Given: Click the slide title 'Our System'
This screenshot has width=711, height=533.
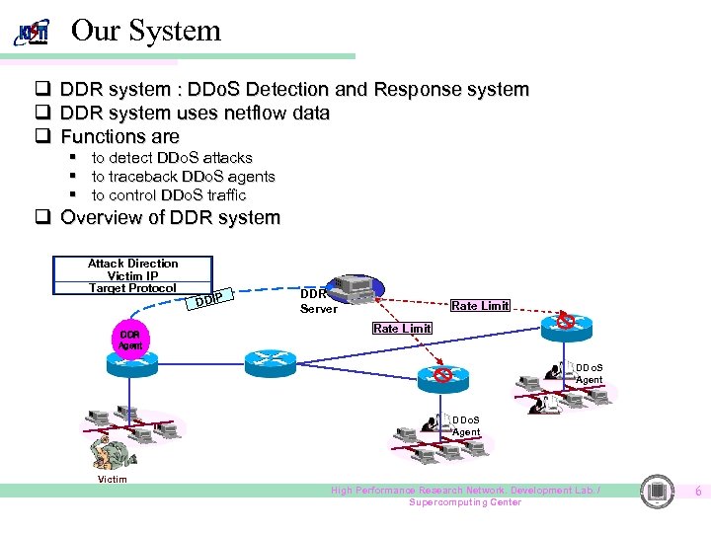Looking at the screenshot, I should pos(146,31).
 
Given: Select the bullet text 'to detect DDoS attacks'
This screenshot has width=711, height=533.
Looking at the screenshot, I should pos(172,158).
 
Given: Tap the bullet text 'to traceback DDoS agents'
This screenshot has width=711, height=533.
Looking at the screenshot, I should pos(183,177).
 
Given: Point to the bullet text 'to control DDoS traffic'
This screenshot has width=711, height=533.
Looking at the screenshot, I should pos(169,195).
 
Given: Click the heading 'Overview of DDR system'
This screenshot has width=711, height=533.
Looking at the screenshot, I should pos(170,218).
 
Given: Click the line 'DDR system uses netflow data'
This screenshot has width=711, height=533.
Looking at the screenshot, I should pos(195,114).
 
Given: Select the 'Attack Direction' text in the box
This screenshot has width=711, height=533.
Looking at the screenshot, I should pos(133,264).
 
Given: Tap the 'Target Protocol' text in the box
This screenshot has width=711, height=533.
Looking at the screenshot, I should pos(132,288).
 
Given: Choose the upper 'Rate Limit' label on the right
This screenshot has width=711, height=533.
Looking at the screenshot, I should pos(480,306).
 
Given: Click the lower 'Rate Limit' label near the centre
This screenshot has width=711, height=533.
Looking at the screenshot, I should pos(401,329).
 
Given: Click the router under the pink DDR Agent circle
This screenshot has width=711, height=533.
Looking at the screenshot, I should pos(131,363).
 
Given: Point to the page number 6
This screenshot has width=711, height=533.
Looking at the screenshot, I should pos(697,491).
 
